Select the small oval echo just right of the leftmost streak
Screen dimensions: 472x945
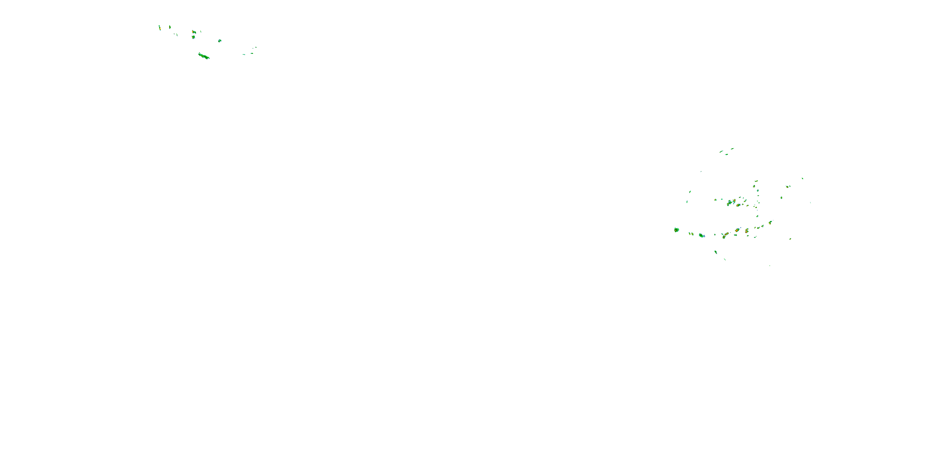pos(169,27)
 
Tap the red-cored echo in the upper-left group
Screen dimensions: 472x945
pos(194,32)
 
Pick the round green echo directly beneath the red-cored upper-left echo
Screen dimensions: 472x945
pos(193,37)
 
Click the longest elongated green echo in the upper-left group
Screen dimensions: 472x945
pos(203,56)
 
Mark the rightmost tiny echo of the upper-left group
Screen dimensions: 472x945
pos(256,47)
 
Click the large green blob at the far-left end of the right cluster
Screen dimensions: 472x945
pos(677,230)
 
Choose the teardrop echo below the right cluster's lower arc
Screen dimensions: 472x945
pos(715,252)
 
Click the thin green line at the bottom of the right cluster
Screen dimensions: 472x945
pos(724,260)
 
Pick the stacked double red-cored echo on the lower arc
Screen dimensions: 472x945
pos(747,231)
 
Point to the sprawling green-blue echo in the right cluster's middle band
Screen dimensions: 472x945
pos(729,203)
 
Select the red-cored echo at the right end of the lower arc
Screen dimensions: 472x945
pos(770,222)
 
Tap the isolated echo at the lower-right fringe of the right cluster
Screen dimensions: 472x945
pos(790,239)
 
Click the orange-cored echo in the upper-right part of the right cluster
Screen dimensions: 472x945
pos(787,187)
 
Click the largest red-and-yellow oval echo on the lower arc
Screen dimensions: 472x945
pos(737,230)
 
